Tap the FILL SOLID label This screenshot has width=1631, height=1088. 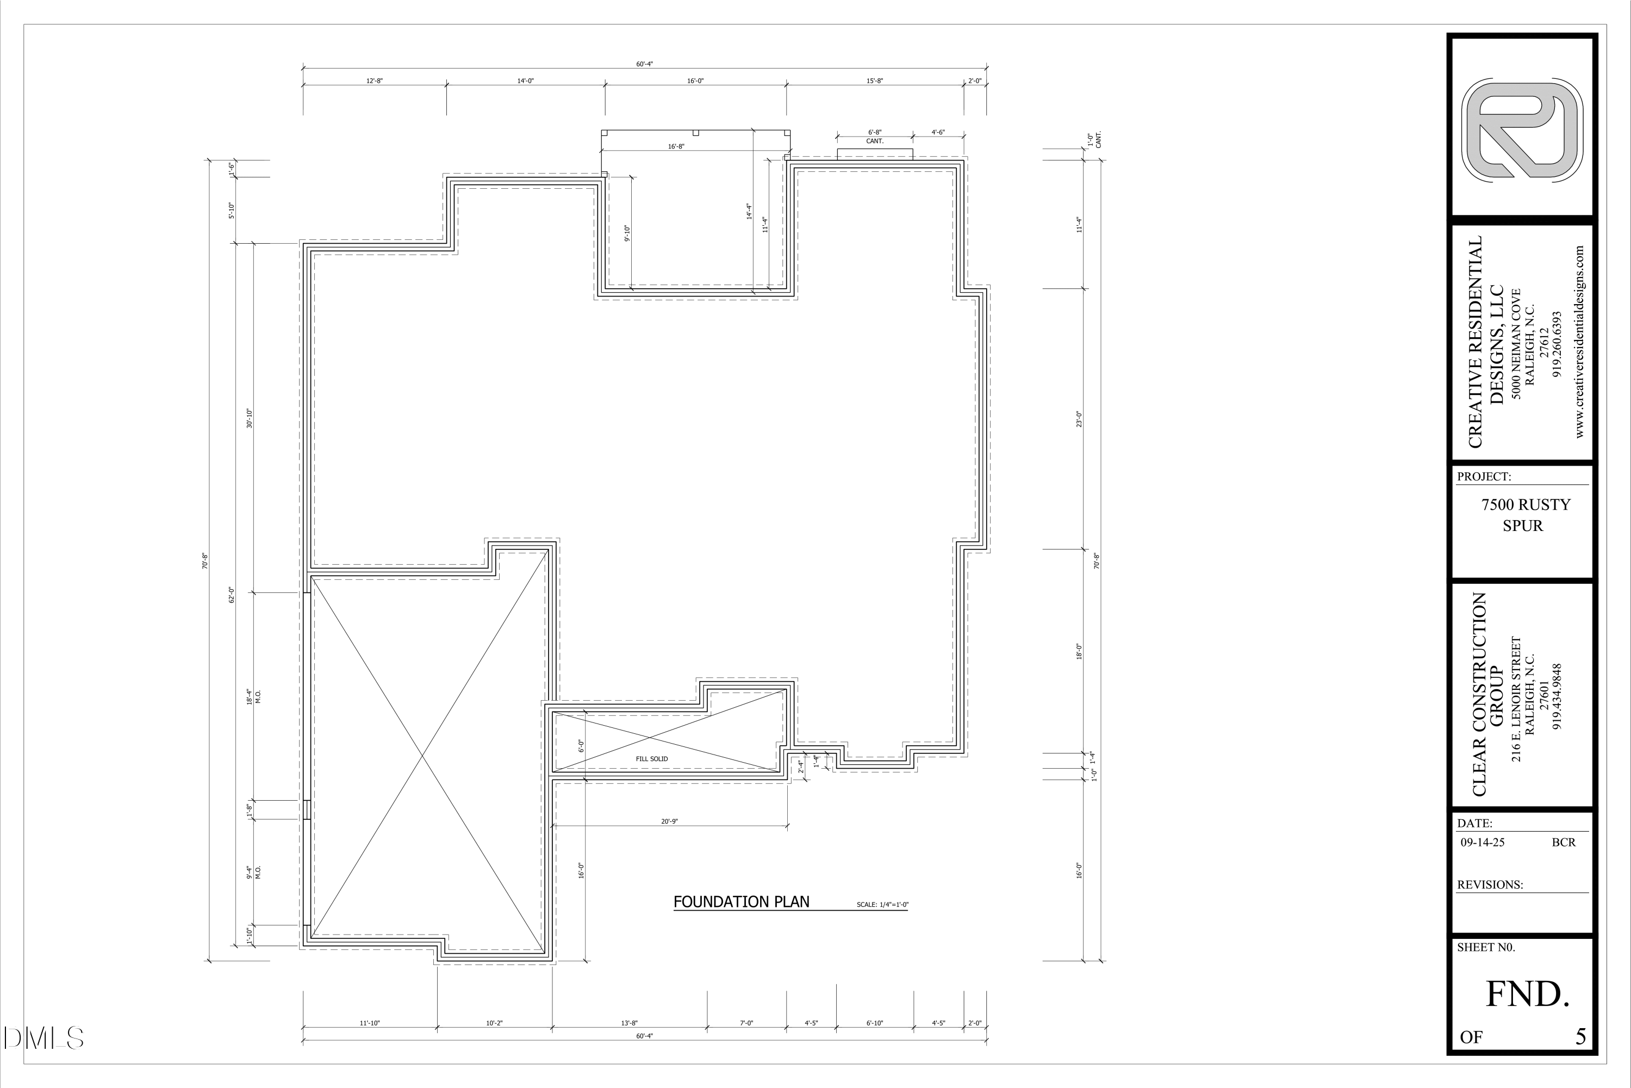[x=651, y=759]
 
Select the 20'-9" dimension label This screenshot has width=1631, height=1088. [x=669, y=821]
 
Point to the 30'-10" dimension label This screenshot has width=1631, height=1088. [x=250, y=418]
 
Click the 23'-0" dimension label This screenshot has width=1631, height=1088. [x=1079, y=419]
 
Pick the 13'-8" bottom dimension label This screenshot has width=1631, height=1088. [x=629, y=1023]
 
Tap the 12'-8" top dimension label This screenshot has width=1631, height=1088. [x=375, y=81]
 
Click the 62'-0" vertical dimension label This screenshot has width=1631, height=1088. [x=232, y=595]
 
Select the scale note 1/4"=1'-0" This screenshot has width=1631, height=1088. [x=882, y=905]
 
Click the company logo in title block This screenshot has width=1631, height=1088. [x=1522, y=131]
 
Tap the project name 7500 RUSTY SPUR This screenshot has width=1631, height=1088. [x=1526, y=515]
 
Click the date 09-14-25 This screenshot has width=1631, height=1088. [x=1483, y=842]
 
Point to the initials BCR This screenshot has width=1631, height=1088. [x=1564, y=842]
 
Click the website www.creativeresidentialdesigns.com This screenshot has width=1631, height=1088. [x=1580, y=342]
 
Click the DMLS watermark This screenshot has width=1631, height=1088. [x=43, y=1038]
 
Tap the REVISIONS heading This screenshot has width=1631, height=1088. [x=1490, y=885]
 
